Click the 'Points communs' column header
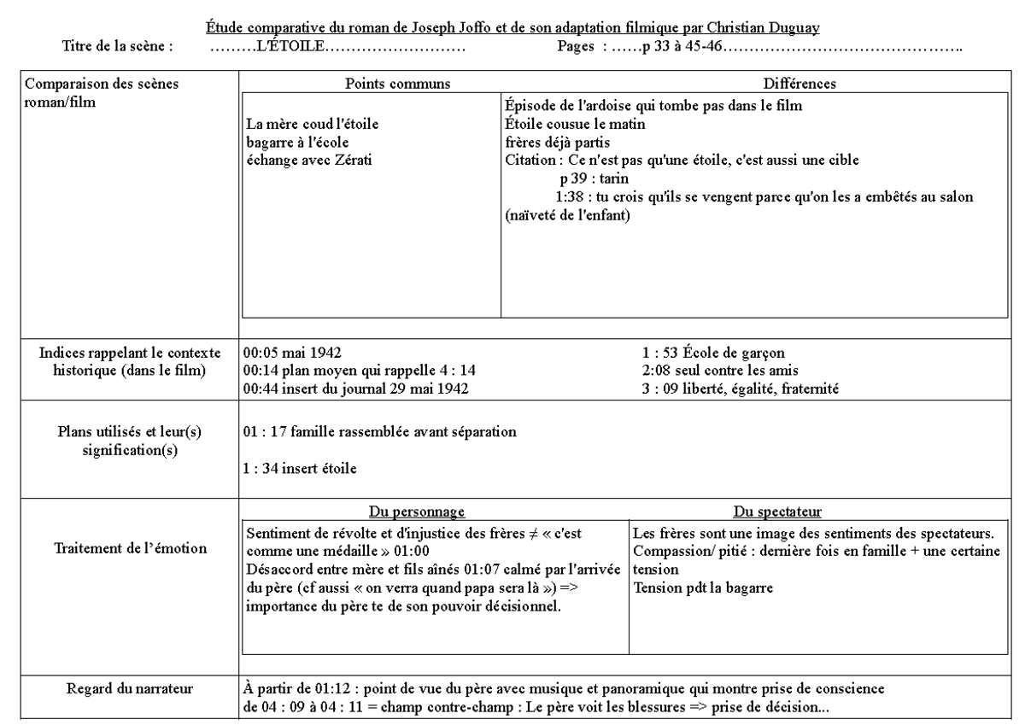pyautogui.click(x=397, y=83)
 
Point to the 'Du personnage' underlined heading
pyautogui.click(x=416, y=512)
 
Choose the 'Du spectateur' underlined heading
pyautogui.click(x=777, y=512)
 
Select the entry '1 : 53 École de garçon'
pyautogui.click(x=713, y=352)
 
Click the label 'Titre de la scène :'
pyautogui.click(x=118, y=45)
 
